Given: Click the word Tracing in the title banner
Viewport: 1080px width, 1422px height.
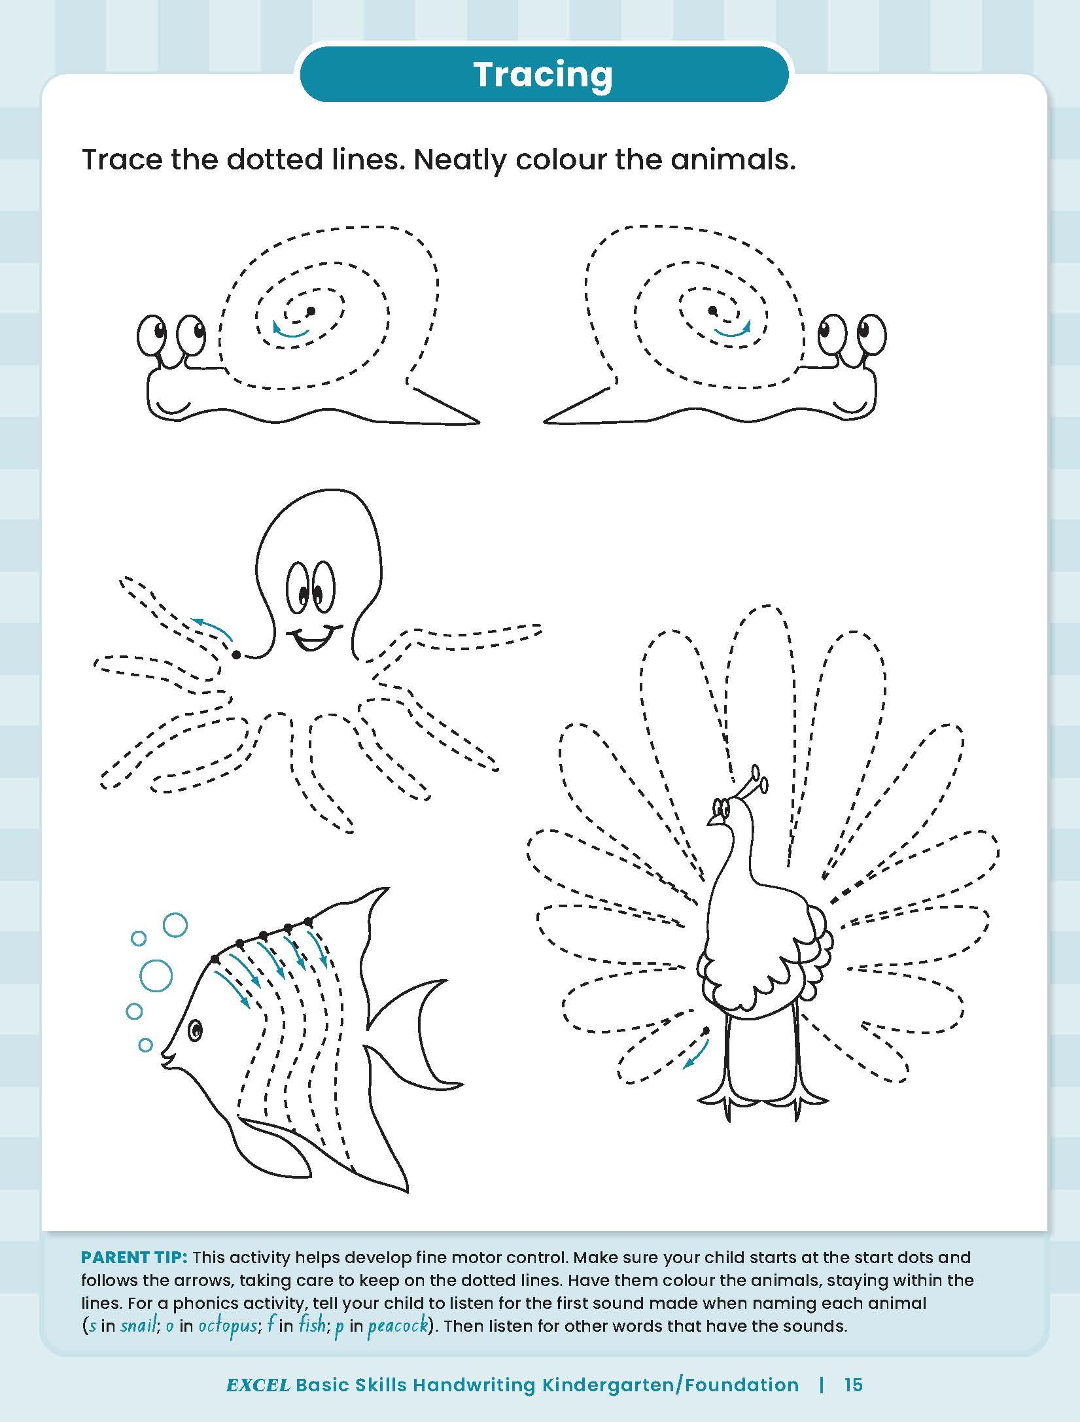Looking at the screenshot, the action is pos(542,75).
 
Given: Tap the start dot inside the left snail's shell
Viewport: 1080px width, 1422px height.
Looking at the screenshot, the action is pos(311,311).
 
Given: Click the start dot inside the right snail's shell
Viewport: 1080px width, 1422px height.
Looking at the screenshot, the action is pos(713,310).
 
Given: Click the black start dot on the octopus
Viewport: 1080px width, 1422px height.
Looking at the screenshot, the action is pos(236,654).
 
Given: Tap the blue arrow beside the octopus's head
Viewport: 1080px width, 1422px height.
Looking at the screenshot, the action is pos(211,628).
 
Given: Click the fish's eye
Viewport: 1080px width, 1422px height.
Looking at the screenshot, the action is pos(196,1031).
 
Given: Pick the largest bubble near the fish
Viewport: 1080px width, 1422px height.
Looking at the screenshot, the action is pos(156,977).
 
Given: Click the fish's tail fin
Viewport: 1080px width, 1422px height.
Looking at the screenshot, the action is pos(419,1033).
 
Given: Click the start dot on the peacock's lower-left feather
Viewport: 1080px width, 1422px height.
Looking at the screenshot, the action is pos(706,1031).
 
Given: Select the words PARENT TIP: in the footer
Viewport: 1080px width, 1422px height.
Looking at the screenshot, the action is pos(135,1257).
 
